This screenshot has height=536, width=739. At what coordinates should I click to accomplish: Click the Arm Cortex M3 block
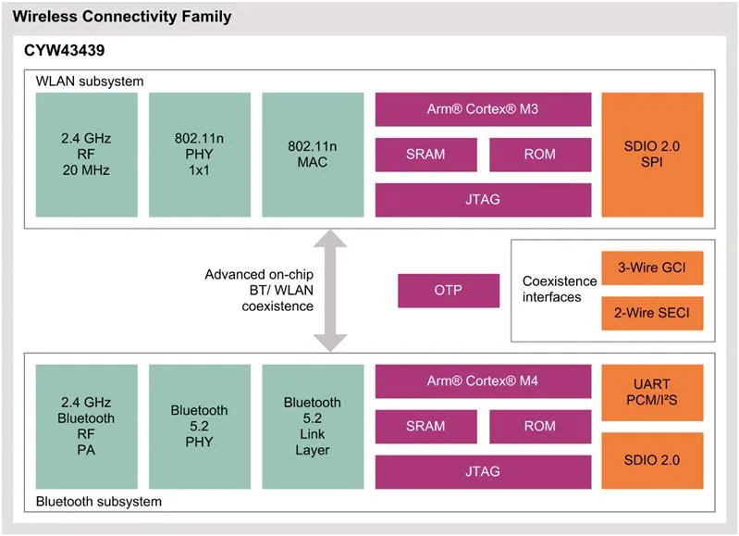coord(483,109)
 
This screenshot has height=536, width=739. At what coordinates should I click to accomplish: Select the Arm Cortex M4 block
coord(483,380)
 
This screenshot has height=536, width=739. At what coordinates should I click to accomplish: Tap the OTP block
coord(449,290)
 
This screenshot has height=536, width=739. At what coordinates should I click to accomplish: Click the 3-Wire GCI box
coord(652,268)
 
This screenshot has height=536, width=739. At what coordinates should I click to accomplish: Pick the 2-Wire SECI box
coord(652,313)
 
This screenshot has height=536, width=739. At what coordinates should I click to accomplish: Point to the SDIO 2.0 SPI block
coord(652,155)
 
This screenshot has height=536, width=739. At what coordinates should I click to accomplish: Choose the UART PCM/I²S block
coord(652,393)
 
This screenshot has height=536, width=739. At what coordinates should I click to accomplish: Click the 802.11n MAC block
coord(313,155)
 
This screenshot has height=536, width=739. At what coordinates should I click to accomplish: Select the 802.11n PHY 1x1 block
coord(200,155)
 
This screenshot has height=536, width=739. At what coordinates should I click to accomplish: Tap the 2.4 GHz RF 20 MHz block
coord(87,155)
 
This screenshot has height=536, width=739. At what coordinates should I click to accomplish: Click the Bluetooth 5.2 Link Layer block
coord(313,426)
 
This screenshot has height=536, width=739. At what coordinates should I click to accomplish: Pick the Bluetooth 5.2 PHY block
coord(200,426)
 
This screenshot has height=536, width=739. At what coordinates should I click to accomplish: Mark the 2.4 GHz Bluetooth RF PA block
coord(87,426)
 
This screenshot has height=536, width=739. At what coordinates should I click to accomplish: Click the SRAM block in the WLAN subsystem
coord(426,155)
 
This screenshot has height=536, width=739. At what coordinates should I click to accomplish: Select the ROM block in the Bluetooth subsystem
coord(540,426)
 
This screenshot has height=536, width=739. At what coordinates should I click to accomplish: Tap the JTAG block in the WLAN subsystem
coord(483,200)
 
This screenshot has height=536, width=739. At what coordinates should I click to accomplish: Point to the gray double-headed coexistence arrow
coord(330,291)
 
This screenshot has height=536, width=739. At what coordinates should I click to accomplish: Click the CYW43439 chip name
coord(65,50)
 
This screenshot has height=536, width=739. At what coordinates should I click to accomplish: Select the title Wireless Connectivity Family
coord(122,17)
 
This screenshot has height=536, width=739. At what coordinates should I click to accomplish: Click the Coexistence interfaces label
coord(560,289)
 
